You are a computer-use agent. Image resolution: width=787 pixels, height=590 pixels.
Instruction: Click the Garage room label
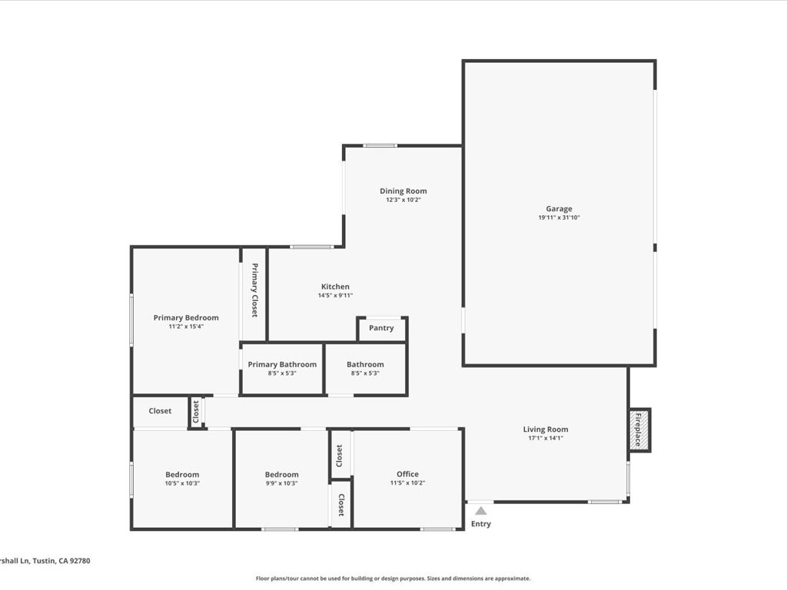coord(559,208)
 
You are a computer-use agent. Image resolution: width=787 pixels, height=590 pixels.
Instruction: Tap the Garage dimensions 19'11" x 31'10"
coord(559,218)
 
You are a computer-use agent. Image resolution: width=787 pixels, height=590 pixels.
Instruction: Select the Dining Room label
coord(403,191)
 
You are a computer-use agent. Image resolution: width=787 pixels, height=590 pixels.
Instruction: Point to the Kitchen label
coord(335,287)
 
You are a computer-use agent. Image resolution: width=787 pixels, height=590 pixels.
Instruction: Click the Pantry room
coord(381,328)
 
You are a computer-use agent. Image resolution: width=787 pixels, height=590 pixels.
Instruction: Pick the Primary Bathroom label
coord(282,364)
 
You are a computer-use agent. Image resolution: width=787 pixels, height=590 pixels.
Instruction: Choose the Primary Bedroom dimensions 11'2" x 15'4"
coord(186,326)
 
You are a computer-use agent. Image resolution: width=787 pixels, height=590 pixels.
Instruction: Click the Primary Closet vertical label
coord(254,290)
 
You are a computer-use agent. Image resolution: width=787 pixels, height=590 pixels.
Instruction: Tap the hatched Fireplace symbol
coord(637,429)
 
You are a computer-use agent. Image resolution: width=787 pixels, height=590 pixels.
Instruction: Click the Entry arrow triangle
coord(480,510)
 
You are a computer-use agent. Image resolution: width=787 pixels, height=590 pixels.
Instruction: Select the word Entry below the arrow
coord(480,524)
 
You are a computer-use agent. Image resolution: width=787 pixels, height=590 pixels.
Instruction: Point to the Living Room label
coord(546,429)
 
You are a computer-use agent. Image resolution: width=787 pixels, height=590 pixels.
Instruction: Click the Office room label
coord(407,474)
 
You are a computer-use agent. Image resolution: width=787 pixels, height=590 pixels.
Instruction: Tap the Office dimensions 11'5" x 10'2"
coord(407,483)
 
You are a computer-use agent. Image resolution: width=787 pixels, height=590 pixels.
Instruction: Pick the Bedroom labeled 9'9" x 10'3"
coord(281,475)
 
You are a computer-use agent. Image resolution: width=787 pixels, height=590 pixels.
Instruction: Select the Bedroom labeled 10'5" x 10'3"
coord(182,475)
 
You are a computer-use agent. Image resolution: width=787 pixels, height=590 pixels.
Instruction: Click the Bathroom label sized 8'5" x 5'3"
coord(365,364)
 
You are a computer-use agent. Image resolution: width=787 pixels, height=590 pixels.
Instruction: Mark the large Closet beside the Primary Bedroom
coord(160,411)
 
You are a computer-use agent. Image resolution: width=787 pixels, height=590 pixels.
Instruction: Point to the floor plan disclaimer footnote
coord(393,578)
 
